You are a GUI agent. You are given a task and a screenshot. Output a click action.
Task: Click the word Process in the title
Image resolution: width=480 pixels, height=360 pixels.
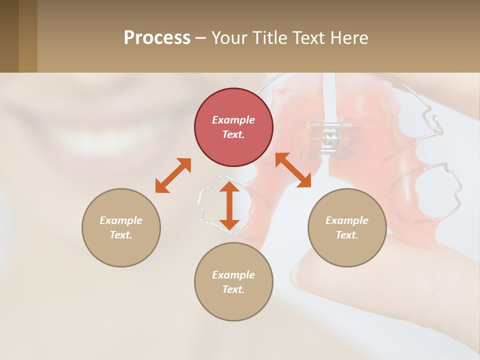click(x=157, y=38)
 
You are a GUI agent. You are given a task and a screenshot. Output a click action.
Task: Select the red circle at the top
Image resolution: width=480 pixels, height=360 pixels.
click(x=233, y=127)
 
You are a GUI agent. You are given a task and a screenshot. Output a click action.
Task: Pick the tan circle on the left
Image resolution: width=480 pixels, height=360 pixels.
click(x=121, y=227)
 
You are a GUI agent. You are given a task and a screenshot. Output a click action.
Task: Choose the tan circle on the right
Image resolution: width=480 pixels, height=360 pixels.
click(x=347, y=227)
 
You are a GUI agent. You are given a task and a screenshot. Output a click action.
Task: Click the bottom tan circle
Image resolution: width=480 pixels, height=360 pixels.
click(x=233, y=282)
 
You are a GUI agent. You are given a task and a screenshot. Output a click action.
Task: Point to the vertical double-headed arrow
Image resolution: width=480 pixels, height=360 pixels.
click(x=229, y=205)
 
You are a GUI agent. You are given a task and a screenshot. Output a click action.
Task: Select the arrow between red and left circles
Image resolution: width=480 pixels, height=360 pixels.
click(x=173, y=175)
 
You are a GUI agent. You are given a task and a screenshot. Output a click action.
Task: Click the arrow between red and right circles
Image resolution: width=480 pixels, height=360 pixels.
click(x=293, y=170)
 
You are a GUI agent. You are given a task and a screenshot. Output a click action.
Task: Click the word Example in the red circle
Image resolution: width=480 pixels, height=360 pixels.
click(x=233, y=120)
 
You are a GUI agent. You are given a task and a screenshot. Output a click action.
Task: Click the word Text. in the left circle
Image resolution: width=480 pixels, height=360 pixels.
click(x=121, y=235)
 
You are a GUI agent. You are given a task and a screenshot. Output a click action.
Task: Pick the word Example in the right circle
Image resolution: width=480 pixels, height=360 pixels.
click(x=347, y=220)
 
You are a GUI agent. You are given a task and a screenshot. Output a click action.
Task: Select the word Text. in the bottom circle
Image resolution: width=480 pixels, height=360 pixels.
click(x=233, y=289)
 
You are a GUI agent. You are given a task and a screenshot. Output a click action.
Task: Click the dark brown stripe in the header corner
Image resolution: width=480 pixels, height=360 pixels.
click(x=9, y=36)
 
